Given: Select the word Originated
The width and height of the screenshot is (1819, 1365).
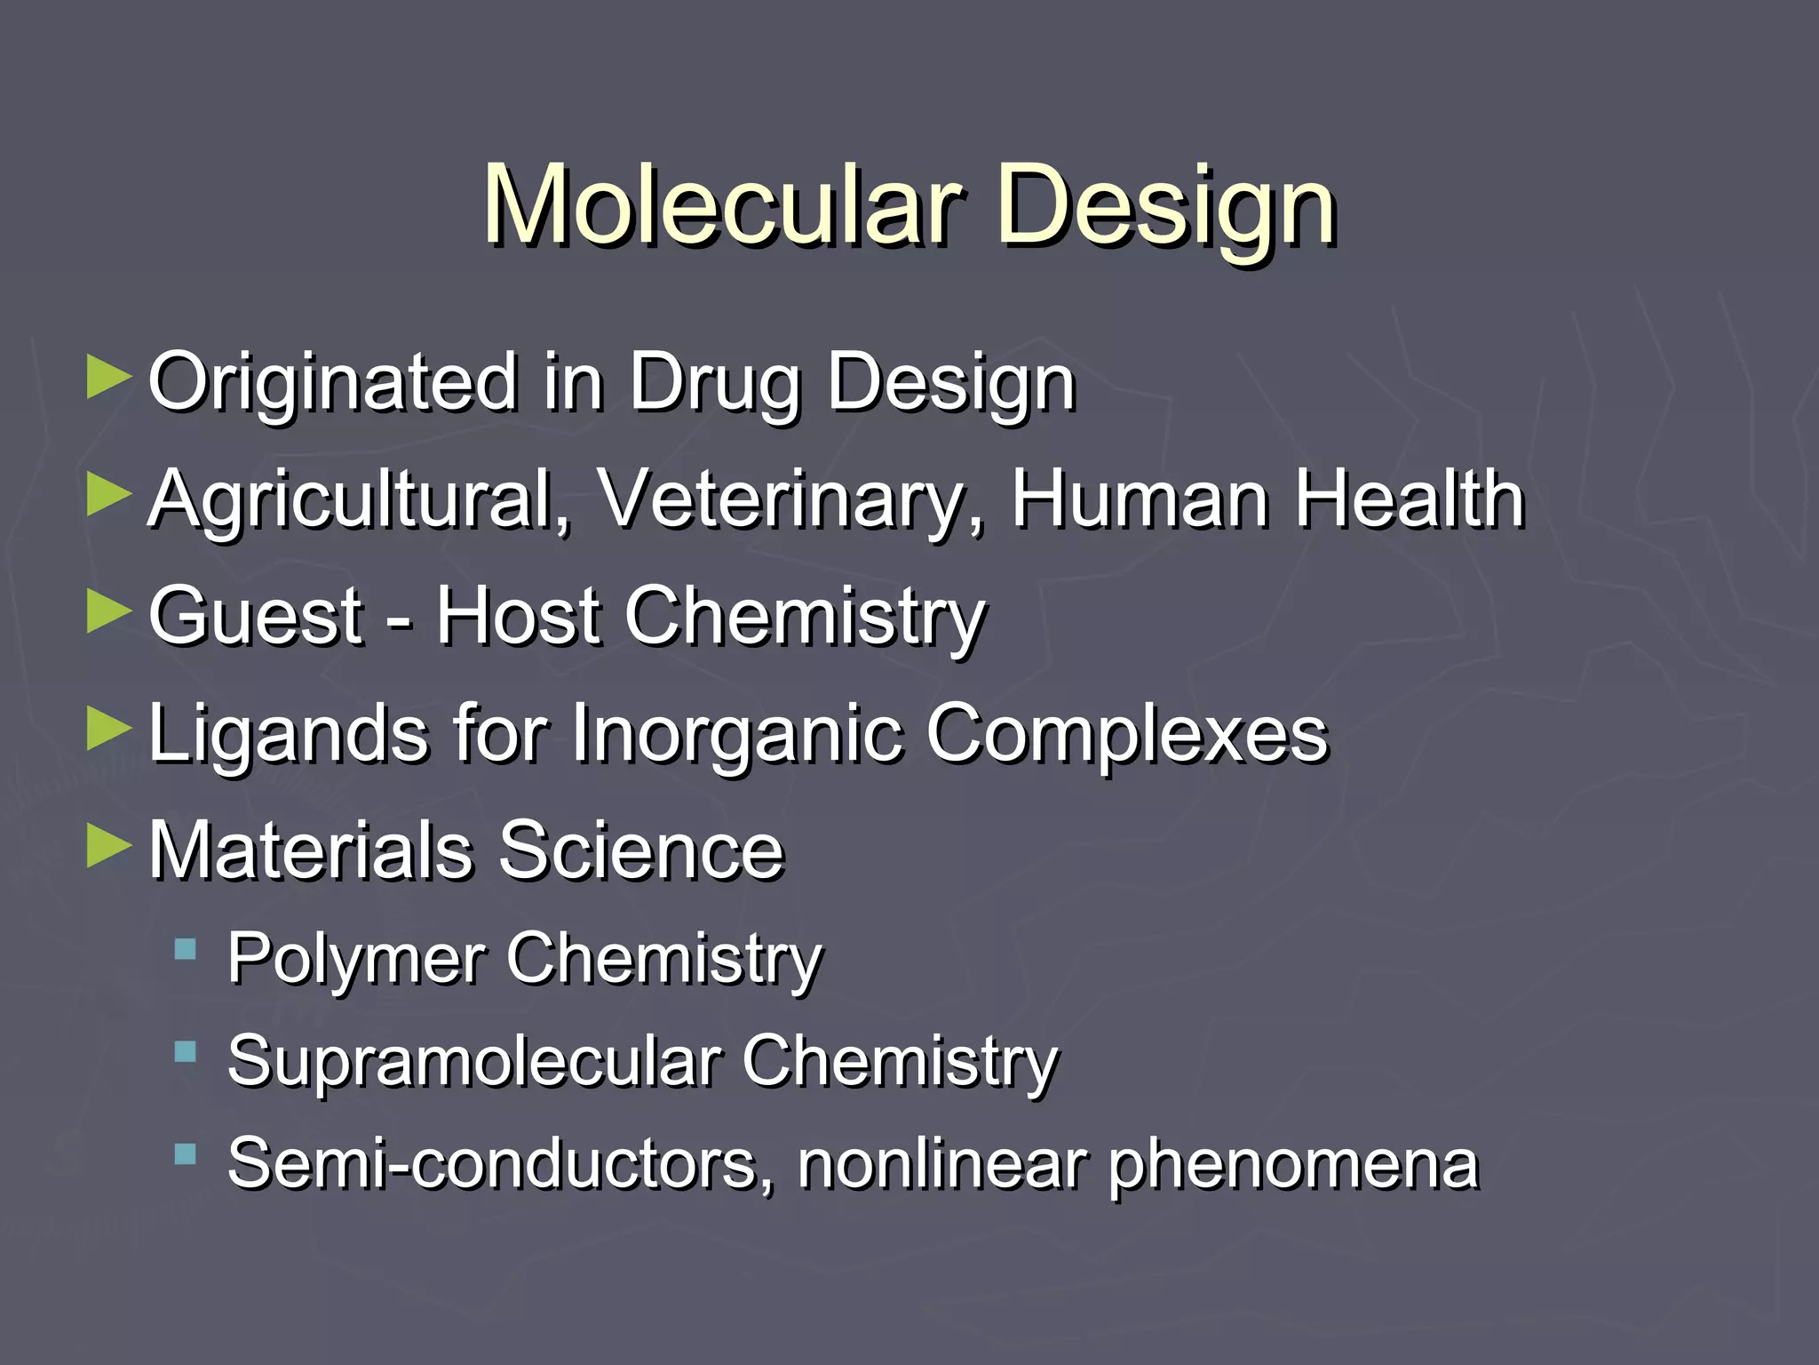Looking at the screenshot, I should coord(332,382).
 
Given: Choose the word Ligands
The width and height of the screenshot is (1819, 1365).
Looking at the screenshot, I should coord(288,734).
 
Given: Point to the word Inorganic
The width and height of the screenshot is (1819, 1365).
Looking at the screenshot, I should coord(733,734).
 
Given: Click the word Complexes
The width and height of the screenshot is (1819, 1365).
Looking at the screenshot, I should coord(1127,734).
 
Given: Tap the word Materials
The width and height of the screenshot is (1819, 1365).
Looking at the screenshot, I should coord(310,850).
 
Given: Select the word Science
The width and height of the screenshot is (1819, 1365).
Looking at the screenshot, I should coord(641,850).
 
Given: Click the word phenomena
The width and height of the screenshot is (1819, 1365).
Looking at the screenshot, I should coord(1292,1165).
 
